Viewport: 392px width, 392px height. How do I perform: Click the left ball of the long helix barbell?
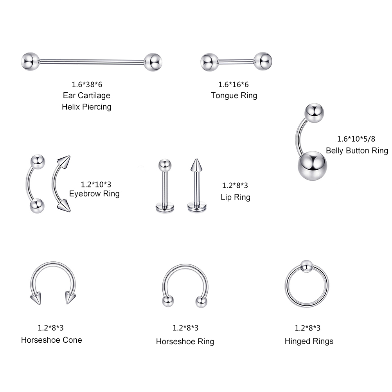pos(30,61)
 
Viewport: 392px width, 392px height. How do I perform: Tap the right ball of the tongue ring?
pos(263,61)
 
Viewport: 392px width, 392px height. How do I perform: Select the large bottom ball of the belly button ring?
pos(313,166)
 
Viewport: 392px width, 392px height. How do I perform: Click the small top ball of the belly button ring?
pos(314,113)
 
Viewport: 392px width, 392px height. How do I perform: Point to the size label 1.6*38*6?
pos(87,85)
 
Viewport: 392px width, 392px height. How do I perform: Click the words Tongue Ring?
pos(234,95)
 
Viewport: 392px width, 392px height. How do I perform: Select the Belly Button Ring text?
pos(357,151)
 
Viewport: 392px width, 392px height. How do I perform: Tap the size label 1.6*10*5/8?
pos(356,139)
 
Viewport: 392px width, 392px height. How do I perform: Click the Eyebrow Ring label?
pos(94,194)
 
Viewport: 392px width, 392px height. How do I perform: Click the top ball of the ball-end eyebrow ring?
pos(38,162)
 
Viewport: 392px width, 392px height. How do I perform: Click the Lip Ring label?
pos(236,197)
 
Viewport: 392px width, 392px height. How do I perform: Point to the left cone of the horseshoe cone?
pos(36,298)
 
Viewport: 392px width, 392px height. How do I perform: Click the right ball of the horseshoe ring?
pos(201,302)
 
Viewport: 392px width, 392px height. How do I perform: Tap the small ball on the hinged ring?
pos(306,266)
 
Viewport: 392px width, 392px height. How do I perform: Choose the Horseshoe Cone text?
pos(52,340)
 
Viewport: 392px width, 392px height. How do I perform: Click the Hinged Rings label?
pos(309,341)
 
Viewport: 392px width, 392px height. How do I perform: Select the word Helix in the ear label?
pos(71,107)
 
